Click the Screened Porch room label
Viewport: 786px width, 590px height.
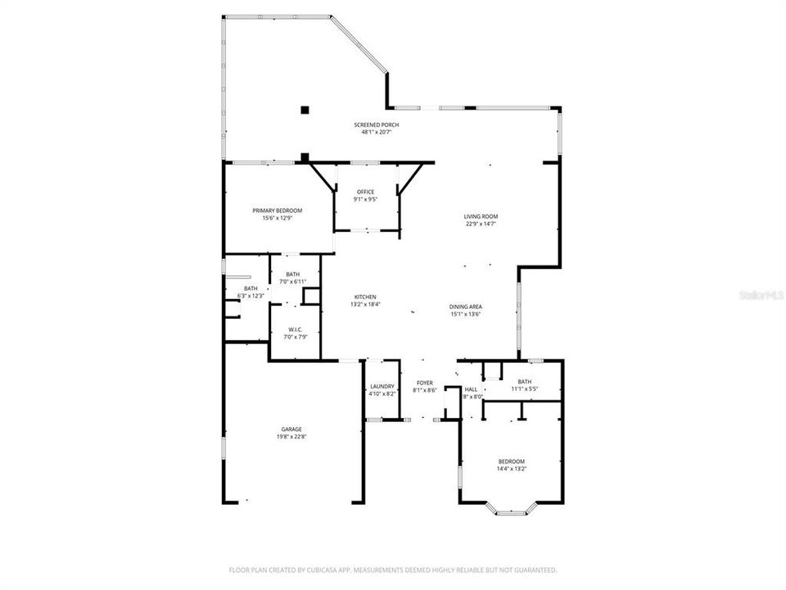point(377,125)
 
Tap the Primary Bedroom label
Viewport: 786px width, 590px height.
point(277,211)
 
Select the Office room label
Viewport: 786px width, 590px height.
point(365,192)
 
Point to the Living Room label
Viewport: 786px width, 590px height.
point(481,216)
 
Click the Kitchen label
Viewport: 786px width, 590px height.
point(365,297)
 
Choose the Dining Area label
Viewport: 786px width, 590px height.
point(465,306)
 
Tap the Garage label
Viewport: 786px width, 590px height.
point(292,429)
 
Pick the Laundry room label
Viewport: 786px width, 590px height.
point(382,386)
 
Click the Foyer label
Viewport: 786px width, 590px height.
point(425,383)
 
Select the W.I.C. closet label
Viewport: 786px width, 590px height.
point(295,329)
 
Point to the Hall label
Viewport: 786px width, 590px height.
point(471,389)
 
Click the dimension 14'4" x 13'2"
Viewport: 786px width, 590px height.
point(512,469)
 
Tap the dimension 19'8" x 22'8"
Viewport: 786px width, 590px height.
point(292,437)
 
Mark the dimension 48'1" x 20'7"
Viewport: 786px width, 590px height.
point(377,132)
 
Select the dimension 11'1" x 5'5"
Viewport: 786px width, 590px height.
point(524,388)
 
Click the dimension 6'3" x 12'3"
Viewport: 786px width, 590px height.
point(251,295)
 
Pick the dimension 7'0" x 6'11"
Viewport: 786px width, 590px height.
point(293,281)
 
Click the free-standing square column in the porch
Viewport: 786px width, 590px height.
point(305,109)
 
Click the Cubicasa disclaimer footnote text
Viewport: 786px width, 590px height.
point(393,570)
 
